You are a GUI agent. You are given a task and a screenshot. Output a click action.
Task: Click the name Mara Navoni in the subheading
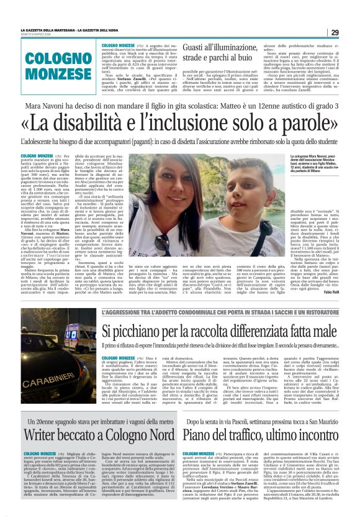[45, 107]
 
